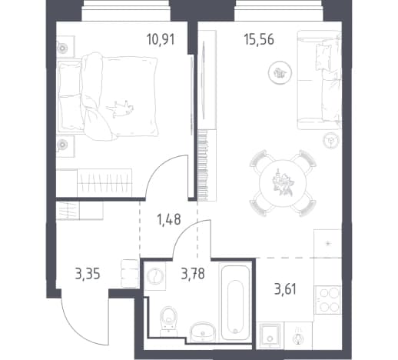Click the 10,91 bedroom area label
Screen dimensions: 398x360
[161, 40]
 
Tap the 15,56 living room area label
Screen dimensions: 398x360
[259, 40]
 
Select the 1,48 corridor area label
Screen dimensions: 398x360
[168, 220]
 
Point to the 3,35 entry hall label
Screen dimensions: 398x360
[88, 274]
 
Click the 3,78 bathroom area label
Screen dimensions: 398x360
[193, 274]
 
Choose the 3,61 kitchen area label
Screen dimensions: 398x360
[285, 289]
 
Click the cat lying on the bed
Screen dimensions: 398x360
[120, 109]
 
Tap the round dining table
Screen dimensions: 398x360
[283, 183]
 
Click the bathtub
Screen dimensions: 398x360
[235, 302]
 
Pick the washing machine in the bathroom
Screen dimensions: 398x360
[154, 276]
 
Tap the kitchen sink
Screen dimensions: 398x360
[270, 336]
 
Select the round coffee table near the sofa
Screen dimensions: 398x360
[280, 73]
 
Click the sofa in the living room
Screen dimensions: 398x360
[319, 80]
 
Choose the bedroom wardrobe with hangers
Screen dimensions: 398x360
[104, 183]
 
